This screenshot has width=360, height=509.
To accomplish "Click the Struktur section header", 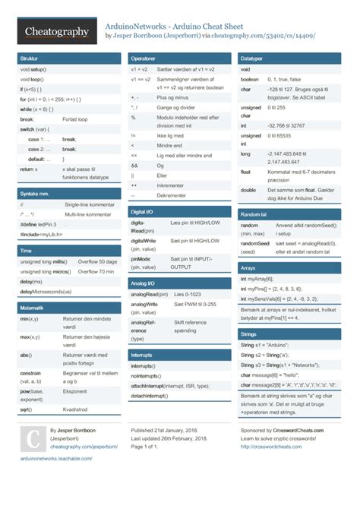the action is (x=30, y=58).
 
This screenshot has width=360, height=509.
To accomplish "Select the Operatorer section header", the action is (x=144, y=58).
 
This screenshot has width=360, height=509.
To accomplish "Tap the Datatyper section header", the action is (x=253, y=58).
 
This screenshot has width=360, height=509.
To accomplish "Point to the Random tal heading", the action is (x=255, y=214).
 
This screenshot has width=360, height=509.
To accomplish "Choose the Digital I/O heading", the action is (x=143, y=211).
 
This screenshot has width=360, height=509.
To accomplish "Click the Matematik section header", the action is (x=33, y=308).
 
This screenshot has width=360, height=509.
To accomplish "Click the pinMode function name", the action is (x=141, y=258).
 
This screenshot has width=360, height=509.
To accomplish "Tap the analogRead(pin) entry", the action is (x=148, y=293).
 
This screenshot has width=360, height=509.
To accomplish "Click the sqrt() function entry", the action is (x=26, y=409).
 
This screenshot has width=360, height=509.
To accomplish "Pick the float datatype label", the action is (x=248, y=172).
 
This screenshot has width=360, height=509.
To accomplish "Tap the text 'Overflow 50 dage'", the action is (x=97, y=261).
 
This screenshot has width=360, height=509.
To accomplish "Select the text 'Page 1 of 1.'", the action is (x=150, y=447).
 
